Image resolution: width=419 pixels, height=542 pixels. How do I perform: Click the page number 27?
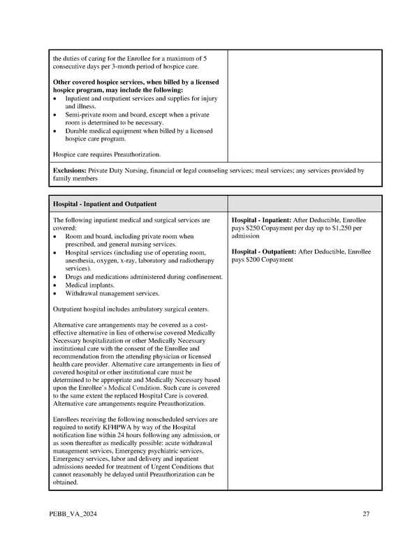(366, 515)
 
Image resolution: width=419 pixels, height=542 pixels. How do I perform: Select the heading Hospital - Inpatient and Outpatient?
(105, 203)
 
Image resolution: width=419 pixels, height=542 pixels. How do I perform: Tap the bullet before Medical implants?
(55, 285)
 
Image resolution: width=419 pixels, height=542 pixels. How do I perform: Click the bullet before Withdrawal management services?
(55, 293)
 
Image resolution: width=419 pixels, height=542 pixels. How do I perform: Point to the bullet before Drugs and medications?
(55, 277)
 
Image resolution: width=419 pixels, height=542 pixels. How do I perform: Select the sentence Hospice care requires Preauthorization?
(107, 154)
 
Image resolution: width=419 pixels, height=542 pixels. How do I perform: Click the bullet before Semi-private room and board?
(55, 115)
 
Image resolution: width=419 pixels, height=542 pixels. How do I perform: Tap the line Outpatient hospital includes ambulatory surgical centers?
(131, 309)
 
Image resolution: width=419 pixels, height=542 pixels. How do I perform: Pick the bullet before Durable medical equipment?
(55, 131)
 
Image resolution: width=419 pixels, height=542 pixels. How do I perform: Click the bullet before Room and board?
(55, 236)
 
